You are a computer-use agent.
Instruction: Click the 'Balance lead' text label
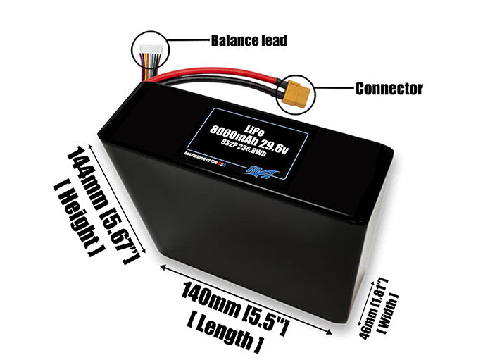[249, 40]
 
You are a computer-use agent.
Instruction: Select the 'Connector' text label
[389, 89]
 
